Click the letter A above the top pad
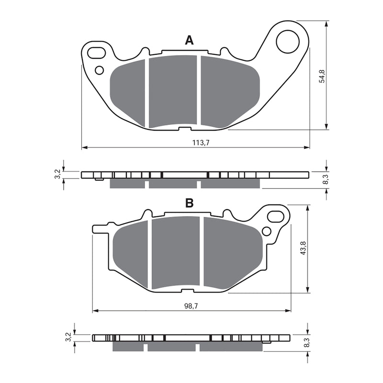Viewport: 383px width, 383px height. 190,41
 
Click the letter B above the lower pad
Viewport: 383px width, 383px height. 190,203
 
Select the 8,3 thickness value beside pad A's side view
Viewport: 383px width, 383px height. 325,180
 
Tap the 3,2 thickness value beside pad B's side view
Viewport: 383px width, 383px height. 69,338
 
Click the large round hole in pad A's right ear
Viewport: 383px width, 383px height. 287,41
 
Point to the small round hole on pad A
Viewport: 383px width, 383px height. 99,70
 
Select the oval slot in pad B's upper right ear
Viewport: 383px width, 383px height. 276,216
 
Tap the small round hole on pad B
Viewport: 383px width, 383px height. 267,231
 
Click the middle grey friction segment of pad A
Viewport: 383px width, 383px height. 173,91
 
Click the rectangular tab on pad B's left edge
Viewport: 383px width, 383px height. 99,228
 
